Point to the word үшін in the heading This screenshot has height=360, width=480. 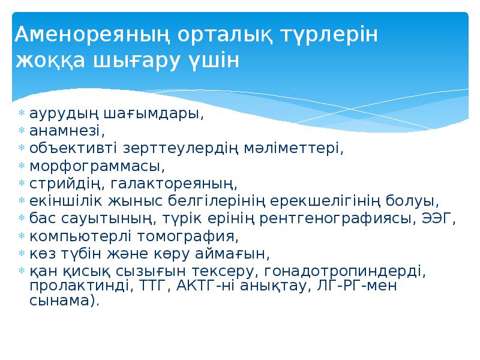pyautogui.click(x=214, y=61)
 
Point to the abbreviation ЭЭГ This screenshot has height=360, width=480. pyautogui.click(x=442, y=217)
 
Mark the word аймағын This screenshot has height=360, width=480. pyautogui.click(x=228, y=252)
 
